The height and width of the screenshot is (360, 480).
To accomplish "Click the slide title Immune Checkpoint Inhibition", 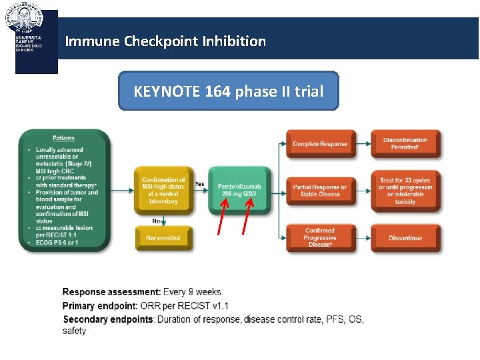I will [165, 41].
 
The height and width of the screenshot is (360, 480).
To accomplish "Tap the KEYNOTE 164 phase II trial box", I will [228, 91].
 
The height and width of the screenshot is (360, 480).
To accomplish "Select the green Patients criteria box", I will [64, 191].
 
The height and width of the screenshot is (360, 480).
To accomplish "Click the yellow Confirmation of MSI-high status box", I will [163, 190].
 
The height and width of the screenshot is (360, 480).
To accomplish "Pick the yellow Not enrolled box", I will [163, 238].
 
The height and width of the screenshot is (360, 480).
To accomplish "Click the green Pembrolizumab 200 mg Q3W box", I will [239, 190].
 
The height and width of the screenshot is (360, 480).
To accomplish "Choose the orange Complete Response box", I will [319, 144].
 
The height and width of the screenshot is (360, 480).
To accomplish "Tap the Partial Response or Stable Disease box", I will [319, 191].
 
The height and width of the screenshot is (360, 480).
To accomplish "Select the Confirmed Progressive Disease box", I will [319, 237].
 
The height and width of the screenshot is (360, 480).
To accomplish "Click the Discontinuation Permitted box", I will [405, 144].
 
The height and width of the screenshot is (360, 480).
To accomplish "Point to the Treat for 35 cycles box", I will [405, 191].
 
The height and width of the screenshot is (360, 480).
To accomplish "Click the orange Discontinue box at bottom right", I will [405, 238].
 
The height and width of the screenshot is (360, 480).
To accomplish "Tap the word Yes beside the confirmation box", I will [200, 183].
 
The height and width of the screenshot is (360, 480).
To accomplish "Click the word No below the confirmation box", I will [157, 220].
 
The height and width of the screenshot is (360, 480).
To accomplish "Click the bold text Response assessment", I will [111, 292].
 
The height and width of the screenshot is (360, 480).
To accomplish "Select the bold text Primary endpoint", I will [101, 306].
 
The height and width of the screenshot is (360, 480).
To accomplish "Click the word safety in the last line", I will [75, 331].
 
